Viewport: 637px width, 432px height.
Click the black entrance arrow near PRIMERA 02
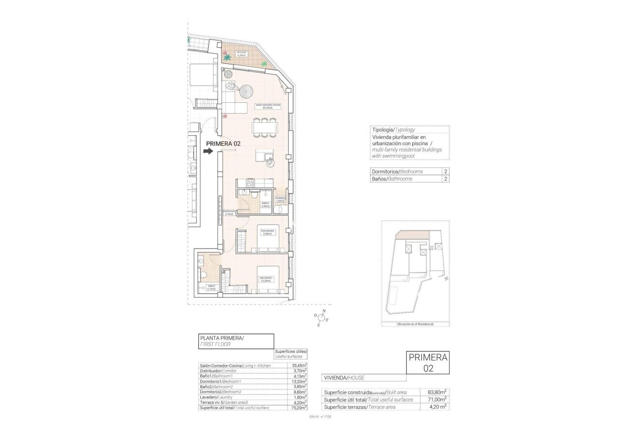[x=208, y=151]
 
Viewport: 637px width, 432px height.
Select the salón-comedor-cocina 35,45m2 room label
[x=268, y=106]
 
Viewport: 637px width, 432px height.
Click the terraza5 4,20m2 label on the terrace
[x=241, y=54]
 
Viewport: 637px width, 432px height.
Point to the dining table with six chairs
[x=265, y=127]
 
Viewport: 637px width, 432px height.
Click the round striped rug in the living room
[x=247, y=91]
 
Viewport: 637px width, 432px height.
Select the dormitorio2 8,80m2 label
[x=267, y=232]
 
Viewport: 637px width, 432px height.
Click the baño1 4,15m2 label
[x=211, y=288]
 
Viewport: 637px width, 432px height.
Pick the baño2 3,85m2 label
[x=265, y=204]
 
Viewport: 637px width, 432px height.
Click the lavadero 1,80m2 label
[x=280, y=199]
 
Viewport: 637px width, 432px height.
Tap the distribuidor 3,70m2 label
[x=229, y=212]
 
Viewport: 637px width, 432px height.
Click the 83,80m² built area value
[x=436, y=392]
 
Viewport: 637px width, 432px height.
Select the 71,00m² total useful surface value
[x=436, y=399]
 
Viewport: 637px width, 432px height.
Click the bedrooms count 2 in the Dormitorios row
[x=445, y=171]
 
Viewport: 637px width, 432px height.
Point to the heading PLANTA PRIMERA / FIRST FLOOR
[x=236, y=341]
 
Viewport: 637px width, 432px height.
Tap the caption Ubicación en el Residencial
[x=415, y=324]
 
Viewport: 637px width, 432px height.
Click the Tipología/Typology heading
[x=393, y=130]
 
